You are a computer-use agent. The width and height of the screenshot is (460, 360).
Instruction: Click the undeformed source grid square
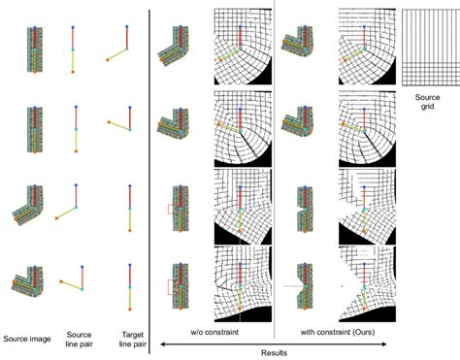coord(430,46)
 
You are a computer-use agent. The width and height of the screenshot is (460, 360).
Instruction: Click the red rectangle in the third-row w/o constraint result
coord(170,208)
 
